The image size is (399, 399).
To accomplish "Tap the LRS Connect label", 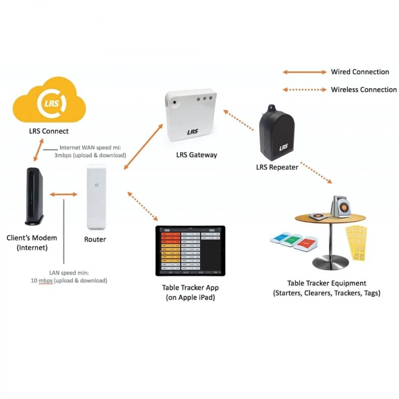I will tap(49, 131).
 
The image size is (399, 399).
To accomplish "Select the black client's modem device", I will tap(34, 196).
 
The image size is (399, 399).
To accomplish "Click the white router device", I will tap(96, 197).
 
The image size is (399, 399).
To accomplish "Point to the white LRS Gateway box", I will tap(190, 115).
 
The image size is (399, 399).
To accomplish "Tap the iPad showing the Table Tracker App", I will tap(190, 251).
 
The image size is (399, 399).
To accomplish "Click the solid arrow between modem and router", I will tap(64, 195).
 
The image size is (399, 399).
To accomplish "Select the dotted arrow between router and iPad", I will tap(143, 206).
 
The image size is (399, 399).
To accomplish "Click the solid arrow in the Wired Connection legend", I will tap(305, 72).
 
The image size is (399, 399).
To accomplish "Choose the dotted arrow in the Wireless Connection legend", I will tap(305, 89).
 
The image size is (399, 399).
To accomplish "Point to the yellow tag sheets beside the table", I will tap(356, 243).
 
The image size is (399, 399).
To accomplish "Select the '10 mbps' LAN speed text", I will tap(42, 281).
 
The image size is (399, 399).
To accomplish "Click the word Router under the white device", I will tap(95, 239).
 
